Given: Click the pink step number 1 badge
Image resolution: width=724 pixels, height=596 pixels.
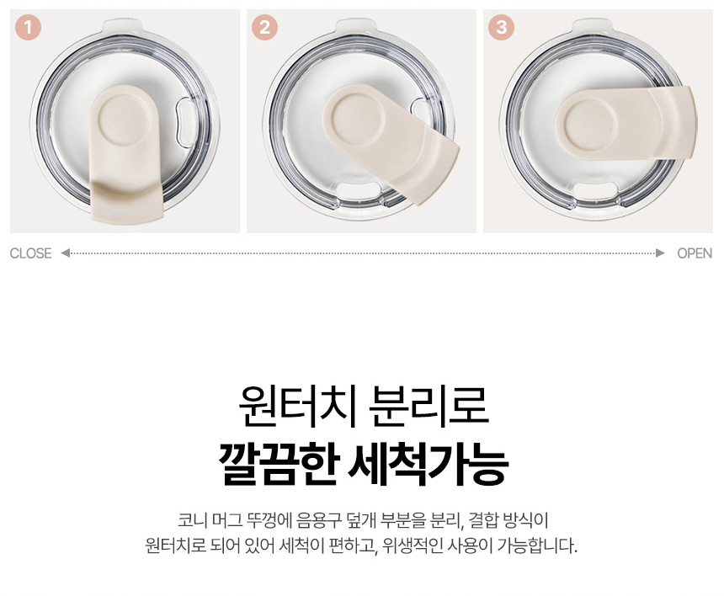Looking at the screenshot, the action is pyautogui.click(x=28, y=27).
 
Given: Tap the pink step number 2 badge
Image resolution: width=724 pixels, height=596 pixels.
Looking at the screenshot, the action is pyautogui.click(x=264, y=27).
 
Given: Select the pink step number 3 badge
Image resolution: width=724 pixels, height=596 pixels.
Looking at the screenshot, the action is pyautogui.click(x=501, y=27).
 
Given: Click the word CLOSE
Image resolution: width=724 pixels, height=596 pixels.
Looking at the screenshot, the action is pyautogui.click(x=30, y=253).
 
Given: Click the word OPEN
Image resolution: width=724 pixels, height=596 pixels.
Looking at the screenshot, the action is pyautogui.click(x=695, y=253).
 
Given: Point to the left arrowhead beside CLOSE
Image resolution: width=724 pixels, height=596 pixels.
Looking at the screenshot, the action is pyautogui.click(x=65, y=253).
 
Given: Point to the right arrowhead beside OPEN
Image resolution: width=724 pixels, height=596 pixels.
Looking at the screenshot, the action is pyautogui.click(x=660, y=253).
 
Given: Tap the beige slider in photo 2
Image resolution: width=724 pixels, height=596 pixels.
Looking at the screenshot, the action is pyautogui.click(x=390, y=141).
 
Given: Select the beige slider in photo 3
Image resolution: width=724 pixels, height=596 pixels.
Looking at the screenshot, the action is pyautogui.click(x=626, y=123).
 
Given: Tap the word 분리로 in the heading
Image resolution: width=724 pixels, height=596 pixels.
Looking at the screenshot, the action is pyautogui.click(x=429, y=406).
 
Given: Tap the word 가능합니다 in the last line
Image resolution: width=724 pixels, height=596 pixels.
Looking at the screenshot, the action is pyautogui.click(x=536, y=545).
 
